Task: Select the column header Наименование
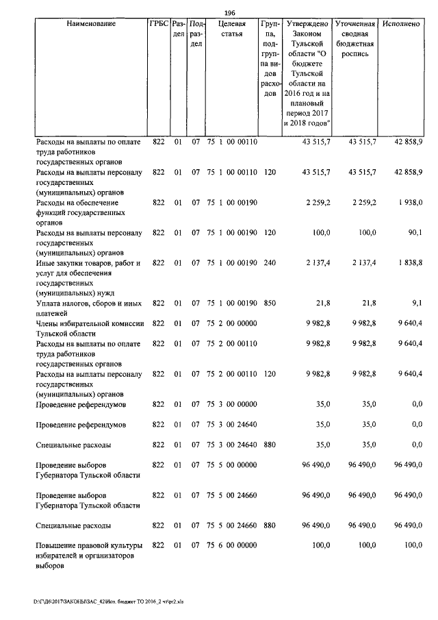click(x=91, y=24)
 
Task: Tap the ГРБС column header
click(x=157, y=24)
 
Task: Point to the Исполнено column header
click(x=402, y=24)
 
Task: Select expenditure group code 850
click(x=269, y=303)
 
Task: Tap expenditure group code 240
click(x=269, y=263)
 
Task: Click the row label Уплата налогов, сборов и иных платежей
click(x=88, y=308)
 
